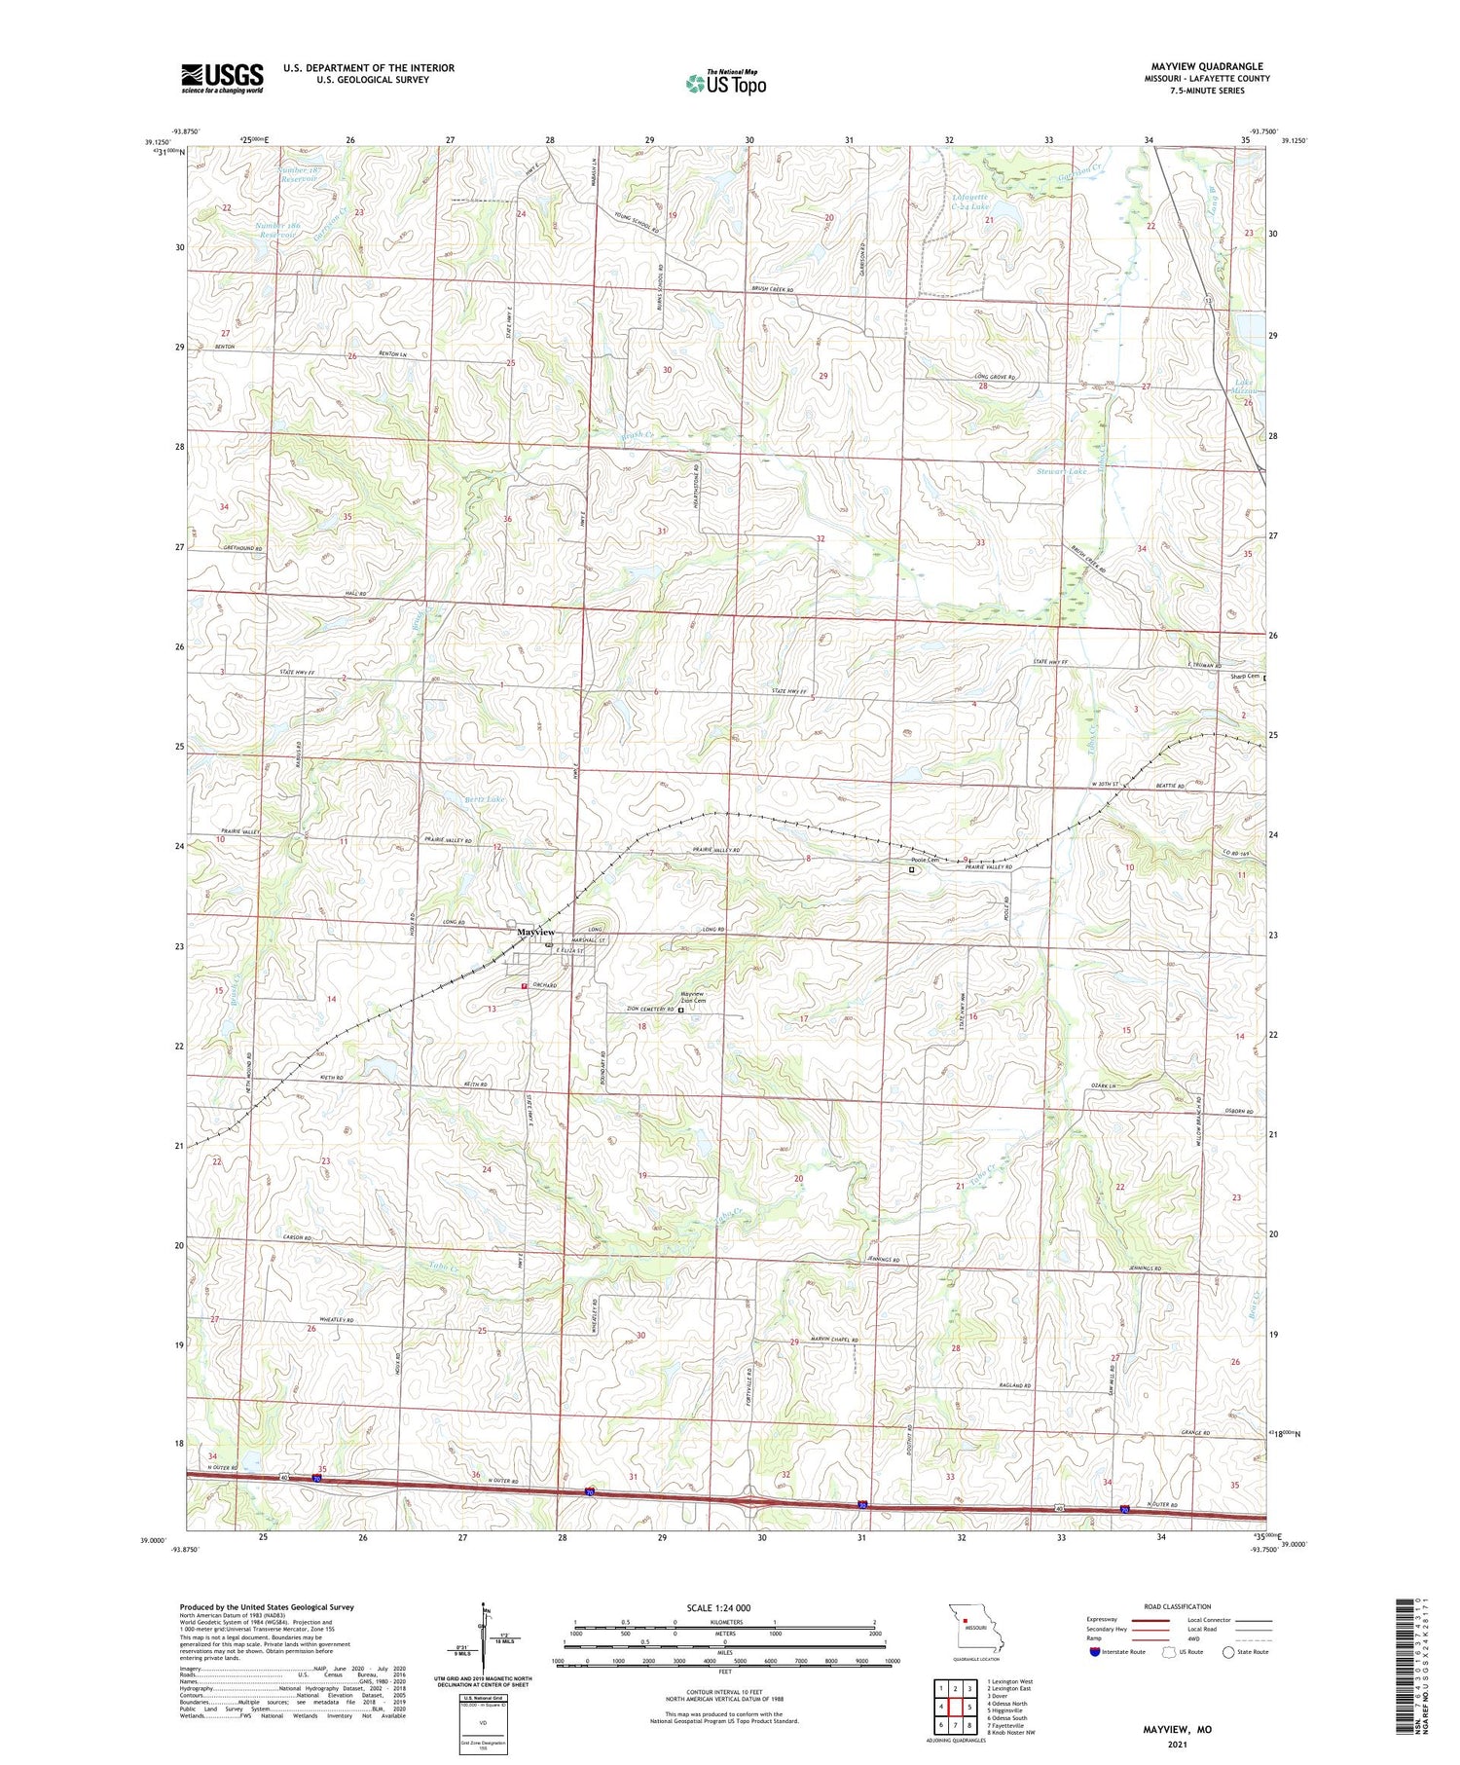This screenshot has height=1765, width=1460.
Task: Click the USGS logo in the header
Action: click(x=222, y=78)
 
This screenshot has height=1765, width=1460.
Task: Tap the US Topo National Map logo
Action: click(x=725, y=83)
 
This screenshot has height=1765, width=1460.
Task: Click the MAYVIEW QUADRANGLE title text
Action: click(x=1206, y=67)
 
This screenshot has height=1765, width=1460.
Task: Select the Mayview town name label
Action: click(x=535, y=932)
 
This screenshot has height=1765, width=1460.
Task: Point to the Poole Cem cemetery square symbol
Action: click(x=912, y=870)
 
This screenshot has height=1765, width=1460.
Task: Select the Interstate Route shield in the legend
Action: click(x=1095, y=1652)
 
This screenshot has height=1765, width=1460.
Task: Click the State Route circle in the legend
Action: click(x=1228, y=1652)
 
